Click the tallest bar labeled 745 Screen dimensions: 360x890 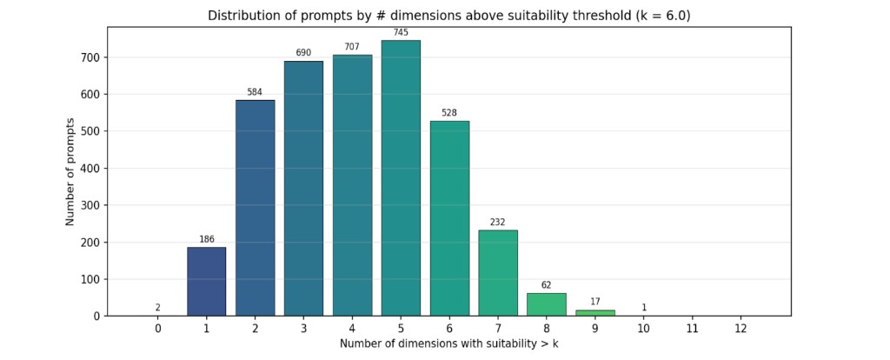click(x=401, y=178)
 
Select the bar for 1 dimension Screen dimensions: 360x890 click(x=206, y=282)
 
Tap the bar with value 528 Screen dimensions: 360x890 click(x=449, y=218)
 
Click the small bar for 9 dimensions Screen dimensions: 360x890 click(x=595, y=312)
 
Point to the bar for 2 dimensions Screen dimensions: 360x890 click(x=255, y=208)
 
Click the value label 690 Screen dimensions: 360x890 click(x=303, y=53)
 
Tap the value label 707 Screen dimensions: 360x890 click(x=352, y=47)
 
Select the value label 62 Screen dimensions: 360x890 click(x=547, y=284)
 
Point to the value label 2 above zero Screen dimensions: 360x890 click(x=157, y=307)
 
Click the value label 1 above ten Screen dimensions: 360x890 click(x=644, y=307)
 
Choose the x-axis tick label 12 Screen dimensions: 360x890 click(x=741, y=329)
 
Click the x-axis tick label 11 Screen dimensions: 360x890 click(x=692, y=329)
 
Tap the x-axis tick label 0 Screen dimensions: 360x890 click(x=157, y=329)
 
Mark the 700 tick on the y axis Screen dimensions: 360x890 click(x=90, y=57)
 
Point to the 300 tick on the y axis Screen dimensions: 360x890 click(x=90, y=205)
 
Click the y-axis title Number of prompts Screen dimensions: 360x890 click(x=70, y=171)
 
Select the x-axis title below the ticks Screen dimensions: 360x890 click(x=449, y=344)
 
